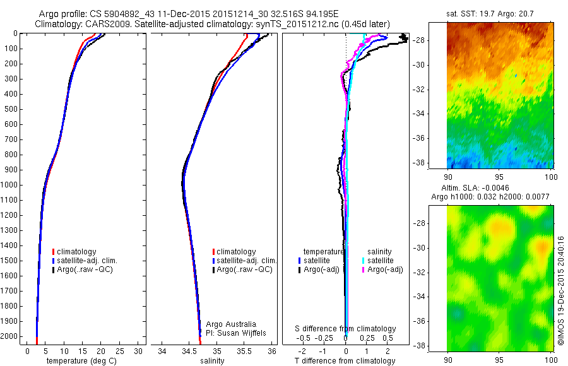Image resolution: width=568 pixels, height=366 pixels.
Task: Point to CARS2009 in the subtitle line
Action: click(104, 24)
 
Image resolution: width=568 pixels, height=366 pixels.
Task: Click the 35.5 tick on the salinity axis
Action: click(244, 351)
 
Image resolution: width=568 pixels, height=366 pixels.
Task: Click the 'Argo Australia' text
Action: click(223, 324)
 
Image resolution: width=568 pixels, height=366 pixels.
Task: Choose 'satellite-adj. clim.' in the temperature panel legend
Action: click(92, 261)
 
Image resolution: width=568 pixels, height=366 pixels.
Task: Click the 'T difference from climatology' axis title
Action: click(345, 361)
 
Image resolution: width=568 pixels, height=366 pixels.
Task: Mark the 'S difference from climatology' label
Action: click(345, 329)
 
